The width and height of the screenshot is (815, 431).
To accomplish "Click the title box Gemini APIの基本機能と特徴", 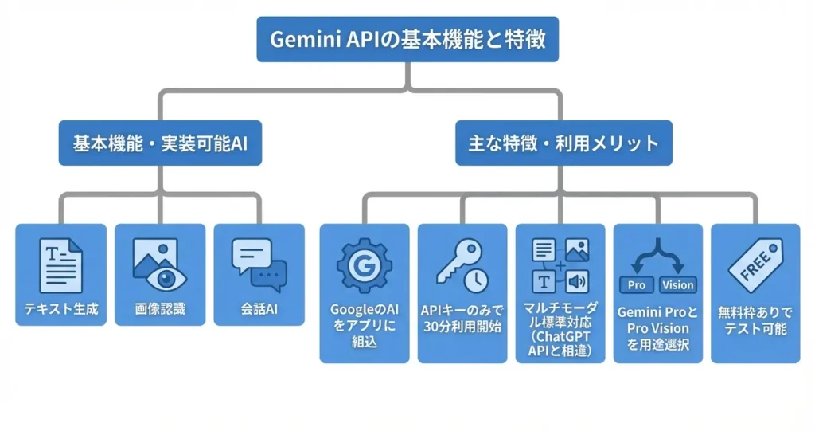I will point(407,40).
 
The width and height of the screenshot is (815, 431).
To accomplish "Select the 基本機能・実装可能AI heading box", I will point(160,143).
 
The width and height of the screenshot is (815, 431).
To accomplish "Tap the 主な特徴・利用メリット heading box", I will point(563,143).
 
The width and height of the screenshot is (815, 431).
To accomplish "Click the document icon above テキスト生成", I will point(60,264).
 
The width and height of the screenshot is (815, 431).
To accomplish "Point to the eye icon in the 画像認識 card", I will point(165,278).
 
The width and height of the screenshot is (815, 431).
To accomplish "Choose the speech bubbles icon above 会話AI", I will point(259,264).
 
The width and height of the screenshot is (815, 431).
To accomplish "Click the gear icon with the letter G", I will point(365,265).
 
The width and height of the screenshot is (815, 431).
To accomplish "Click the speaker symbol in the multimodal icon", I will point(577,280).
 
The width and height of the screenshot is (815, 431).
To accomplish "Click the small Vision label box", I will point(677,284).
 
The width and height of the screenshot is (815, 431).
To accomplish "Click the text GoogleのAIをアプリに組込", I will point(365,326).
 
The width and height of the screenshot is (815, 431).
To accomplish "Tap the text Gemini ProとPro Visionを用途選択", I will point(657,328).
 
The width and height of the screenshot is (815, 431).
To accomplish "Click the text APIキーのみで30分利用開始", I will point(462,319).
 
